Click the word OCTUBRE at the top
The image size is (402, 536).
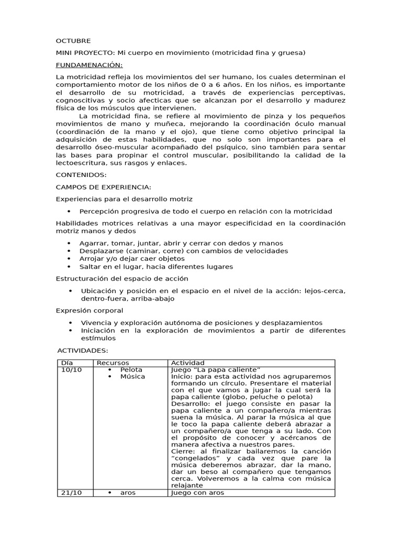[x=73, y=41]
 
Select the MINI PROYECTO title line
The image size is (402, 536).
[x=180, y=53]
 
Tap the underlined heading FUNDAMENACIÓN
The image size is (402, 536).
[x=89, y=65]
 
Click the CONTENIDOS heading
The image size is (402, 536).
[x=81, y=175]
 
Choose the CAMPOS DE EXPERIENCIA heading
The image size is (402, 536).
[x=103, y=187]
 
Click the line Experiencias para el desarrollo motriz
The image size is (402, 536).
[x=124, y=199]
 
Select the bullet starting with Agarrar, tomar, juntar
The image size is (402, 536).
[x=181, y=243]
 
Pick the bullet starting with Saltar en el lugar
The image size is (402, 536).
[x=156, y=266]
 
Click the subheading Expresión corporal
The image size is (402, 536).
[x=89, y=310]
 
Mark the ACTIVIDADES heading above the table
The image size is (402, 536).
[x=83, y=350]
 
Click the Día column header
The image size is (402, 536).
[x=68, y=363]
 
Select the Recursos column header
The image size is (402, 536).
[x=113, y=363]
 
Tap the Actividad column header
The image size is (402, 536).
[x=188, y=363]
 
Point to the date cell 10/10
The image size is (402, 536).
[x=69, y=370]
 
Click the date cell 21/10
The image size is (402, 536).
[x=69, y=493]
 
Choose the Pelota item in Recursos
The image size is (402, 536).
[x=131, y=370]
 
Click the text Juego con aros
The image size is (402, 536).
[x=197, y=493]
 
